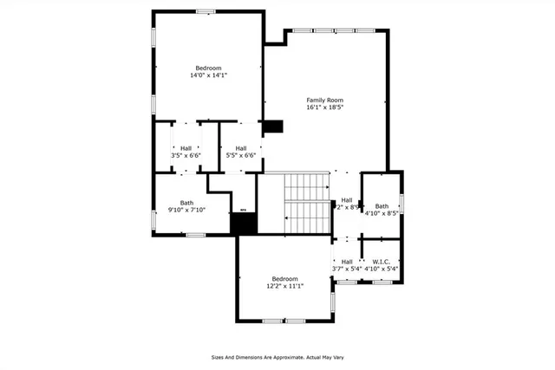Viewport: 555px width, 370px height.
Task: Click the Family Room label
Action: [325, 100]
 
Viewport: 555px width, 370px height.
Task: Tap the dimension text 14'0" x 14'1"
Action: [208, 75]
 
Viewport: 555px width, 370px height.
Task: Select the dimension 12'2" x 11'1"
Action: [284, 286]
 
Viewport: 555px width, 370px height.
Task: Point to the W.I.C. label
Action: [382, 262]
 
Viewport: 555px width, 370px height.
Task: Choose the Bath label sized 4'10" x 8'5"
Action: [382, 206]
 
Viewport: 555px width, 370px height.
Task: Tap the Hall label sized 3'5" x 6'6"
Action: [186, 148]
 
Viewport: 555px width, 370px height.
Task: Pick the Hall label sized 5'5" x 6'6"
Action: [240, 148]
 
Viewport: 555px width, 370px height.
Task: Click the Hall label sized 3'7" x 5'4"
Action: [347, 262]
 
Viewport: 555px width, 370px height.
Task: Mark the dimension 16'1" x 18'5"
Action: [325, 107]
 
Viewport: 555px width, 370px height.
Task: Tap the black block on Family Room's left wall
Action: [273, 126]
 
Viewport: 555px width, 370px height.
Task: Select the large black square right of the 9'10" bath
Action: [244, 222]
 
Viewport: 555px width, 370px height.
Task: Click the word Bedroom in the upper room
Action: [208, 68]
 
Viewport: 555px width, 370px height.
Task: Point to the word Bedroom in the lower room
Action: [284, 279]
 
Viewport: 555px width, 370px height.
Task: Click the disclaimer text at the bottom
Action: [277, 356]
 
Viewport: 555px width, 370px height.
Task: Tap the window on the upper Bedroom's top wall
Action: [206, 11]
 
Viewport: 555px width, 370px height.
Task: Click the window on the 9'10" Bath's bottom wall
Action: [196, 235]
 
